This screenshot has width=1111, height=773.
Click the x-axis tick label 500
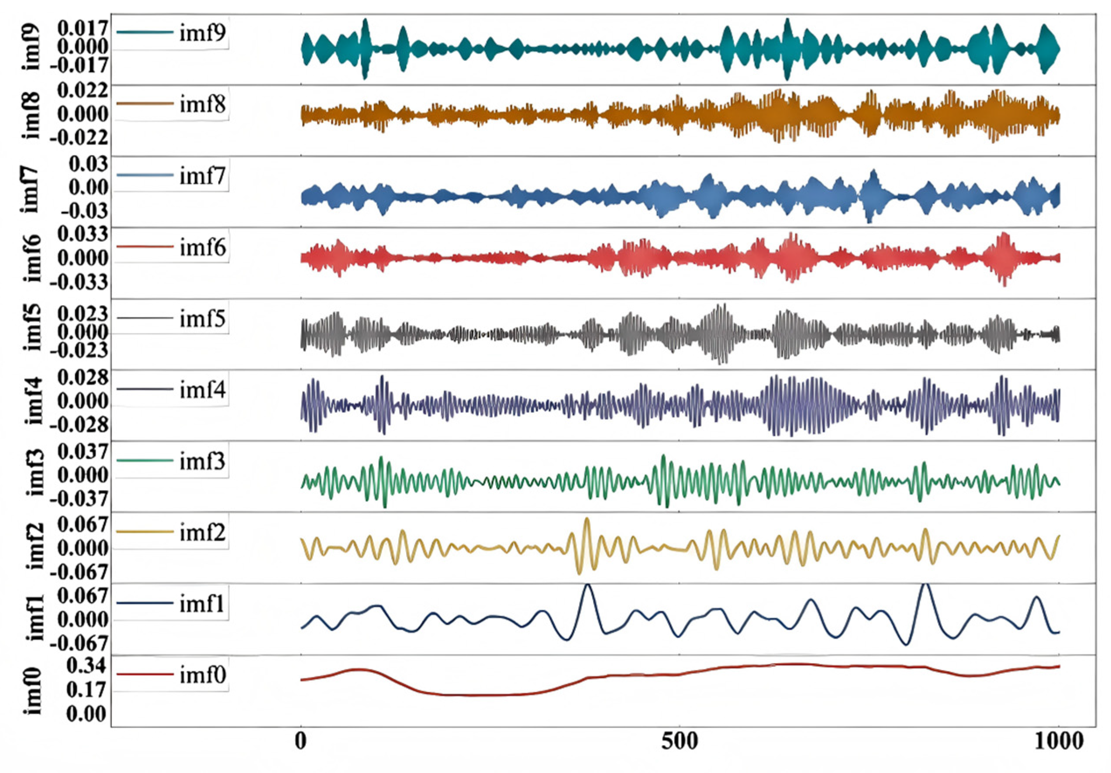point(680,741)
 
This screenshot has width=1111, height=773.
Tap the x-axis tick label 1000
point(1059,741)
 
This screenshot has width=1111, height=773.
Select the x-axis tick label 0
point(301,741)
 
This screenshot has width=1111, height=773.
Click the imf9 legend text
point(202,33)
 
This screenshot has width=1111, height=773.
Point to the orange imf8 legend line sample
point(145,103)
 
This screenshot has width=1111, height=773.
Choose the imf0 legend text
point(202,675)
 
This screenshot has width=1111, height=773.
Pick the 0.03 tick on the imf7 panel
point(88,165)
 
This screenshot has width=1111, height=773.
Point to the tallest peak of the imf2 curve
point(587,519)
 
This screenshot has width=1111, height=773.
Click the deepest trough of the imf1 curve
point(906,644)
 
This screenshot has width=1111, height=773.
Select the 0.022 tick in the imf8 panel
point(82,90)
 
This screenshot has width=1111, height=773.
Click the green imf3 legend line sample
point(145,460)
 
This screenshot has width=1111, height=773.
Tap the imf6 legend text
point(202,247)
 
